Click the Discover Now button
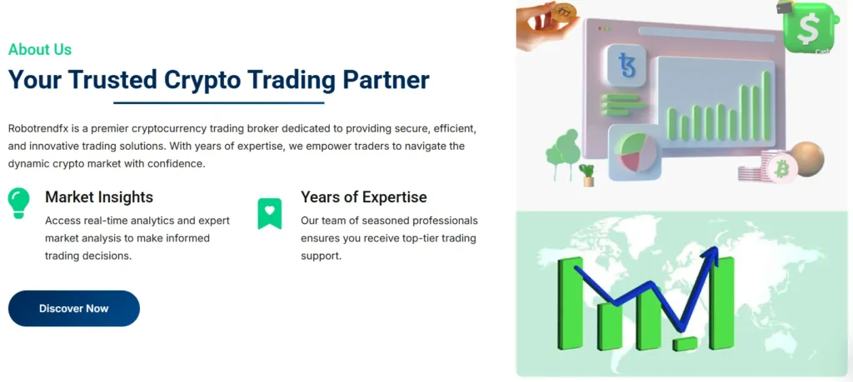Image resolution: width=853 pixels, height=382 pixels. tap(74, 309)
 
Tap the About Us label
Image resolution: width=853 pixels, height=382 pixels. tap(40, 49)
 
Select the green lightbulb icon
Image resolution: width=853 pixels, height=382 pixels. tap(18, 203)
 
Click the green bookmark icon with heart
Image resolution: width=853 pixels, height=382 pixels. tap(270, 213)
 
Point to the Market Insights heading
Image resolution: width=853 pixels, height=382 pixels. tap(99, 196)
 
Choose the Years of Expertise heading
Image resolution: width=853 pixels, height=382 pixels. tap(364, 196)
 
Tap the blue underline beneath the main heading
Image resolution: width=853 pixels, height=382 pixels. tap(219, 102)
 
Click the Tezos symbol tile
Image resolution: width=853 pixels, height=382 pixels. tap(626, 65)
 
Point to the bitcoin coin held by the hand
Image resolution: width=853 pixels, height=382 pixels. tap(564, 12)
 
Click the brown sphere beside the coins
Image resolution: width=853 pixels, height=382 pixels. tap(807, 159)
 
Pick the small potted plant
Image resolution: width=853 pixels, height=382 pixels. tap(587, 175)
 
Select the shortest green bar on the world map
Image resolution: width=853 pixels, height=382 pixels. tap(685, 344)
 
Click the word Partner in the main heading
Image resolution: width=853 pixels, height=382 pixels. tap(386, 81)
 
